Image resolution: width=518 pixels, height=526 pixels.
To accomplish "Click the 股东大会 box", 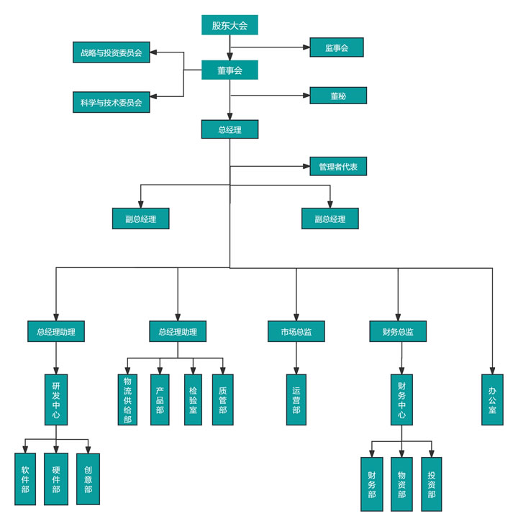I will coord(230,25).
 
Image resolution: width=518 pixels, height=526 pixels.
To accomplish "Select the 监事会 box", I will coord(337,47).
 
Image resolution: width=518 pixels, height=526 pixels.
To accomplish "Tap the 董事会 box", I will coord(230,70).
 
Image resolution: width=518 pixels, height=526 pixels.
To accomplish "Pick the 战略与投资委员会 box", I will coord(112,52).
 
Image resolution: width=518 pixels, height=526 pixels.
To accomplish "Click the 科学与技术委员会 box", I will coord(112,102).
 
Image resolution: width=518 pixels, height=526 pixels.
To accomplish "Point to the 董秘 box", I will coord(338,96).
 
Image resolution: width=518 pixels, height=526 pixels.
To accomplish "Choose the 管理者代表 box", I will coord(338,167).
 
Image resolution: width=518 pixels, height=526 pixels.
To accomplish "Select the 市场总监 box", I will coord(296,331).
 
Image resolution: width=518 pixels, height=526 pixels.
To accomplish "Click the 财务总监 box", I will coord(397,331).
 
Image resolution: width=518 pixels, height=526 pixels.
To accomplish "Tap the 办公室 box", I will coord(493,400).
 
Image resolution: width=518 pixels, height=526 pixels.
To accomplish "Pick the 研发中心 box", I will coord(56,400).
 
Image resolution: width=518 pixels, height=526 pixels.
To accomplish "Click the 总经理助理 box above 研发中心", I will coord(56,331).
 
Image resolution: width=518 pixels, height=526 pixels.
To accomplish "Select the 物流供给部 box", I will coord(127,400).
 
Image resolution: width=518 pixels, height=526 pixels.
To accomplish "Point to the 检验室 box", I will coord(193,400).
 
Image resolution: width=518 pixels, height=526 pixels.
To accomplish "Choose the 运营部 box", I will coord(296,400).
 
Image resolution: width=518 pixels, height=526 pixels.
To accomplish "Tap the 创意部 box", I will coord(88,479).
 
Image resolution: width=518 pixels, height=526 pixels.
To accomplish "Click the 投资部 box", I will coord(432,484).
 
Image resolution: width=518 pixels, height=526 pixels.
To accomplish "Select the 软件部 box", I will coord(25,479).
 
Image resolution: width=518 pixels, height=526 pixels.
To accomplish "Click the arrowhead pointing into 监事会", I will coord(306,47).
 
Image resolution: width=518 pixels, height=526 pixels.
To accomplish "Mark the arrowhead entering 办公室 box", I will coord(493,370).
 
